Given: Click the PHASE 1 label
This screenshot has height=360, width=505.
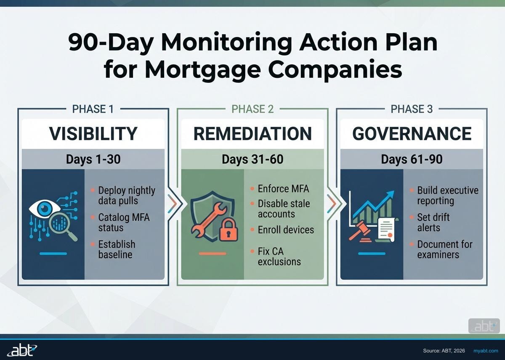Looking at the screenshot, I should [x=93, y=109].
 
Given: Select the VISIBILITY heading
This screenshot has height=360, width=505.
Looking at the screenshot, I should [x=93, y=134].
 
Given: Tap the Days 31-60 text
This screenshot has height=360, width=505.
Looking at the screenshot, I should [x=252, y=159].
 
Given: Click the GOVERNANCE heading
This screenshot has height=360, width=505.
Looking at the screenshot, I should [x=412, y=134].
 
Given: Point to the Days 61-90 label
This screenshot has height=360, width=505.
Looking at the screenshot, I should [x=412, y=159].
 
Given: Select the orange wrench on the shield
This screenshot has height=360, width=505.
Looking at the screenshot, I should [x=209, y=219].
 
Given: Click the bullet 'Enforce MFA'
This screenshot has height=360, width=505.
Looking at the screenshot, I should [x=283, y=188].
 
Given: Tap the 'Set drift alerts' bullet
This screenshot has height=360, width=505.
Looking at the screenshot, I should [x=433, y=222].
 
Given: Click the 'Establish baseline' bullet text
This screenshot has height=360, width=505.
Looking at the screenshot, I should [x=116, y=249].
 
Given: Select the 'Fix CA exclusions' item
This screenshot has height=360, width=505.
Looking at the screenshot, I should [x=279, y=257].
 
